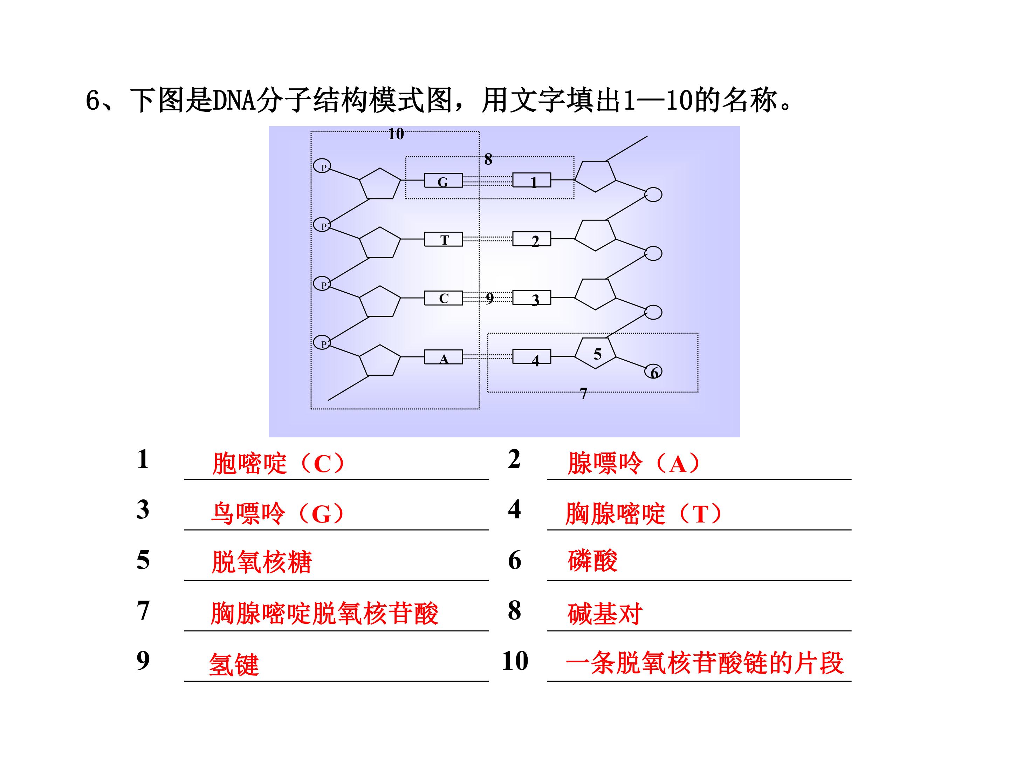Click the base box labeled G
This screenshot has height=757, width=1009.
pos(444,181)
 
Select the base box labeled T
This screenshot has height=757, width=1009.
pos(444,239)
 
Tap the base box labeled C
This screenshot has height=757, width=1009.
pos(444,298)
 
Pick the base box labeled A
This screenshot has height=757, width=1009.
pos(444,357)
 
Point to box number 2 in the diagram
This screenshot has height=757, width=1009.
pos(532,239)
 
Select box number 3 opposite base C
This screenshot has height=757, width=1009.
pos(532,298)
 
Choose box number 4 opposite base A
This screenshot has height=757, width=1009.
pos(532,357)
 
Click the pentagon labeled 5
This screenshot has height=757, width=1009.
pos(596,353)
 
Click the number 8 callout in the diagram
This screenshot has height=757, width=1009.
pos(488,159)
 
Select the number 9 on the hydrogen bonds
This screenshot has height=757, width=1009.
pos(489,298)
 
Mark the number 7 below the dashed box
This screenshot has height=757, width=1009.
pos(583,393)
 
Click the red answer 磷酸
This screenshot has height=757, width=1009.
pos(592,560)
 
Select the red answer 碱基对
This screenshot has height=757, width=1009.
pos(605,613)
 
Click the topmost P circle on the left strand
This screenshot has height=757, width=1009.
pos(322,166)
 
